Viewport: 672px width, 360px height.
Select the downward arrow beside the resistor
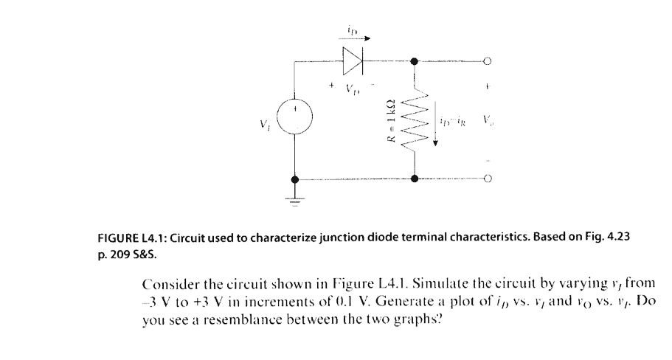[x=436, y=128]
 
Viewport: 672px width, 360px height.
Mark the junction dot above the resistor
[x=415, y=62]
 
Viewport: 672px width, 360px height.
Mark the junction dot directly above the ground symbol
[x=296, y=179]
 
